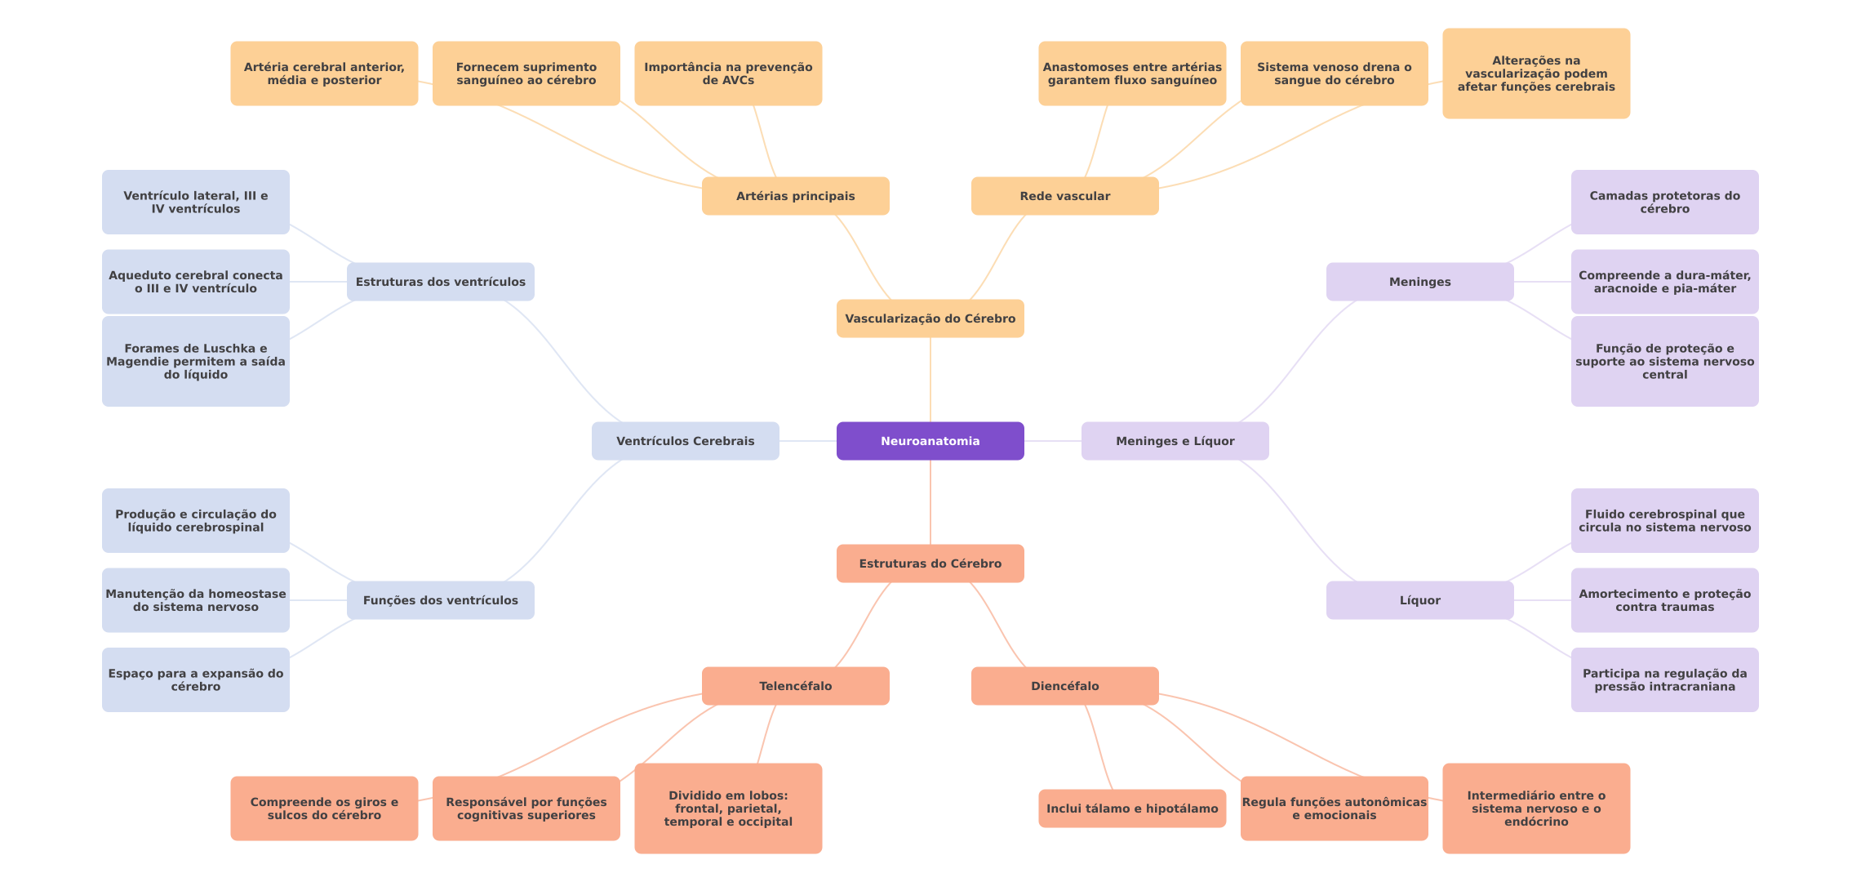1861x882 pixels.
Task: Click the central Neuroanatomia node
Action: pyautogui.click(x=930, y=441)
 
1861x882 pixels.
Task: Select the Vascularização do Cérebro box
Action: pyautogui.click(x=930, y=318)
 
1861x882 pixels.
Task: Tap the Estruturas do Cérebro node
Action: pyautogui.click(x=930, y=563)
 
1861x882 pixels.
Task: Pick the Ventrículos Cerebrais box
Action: pyautogui.click(x=685, y=441)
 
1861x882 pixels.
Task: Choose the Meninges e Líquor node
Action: pyautogui.click(x=1175, y=441)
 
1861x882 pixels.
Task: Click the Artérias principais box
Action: pyautogui.click(x=795, y=196)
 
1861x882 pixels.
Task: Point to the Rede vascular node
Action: pyautogui.click(x=1064, y=196)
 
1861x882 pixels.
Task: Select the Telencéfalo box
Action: pyautogui.click(x=795, y=686)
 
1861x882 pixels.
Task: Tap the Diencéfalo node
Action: pyautogui.click(x=1064, y=686)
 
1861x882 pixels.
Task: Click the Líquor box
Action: pyautogui.click(x=1419, y=600)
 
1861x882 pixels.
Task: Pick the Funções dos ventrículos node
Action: pyautogui.click(x=440, y=600)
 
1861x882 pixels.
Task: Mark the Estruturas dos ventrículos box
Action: pyautogui.click(x=440, y=282)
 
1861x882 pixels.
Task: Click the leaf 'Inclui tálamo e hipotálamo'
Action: pyautogui.click(x=1132, y=808)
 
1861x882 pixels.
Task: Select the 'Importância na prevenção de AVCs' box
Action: pyautogui.click(x=728, y=73)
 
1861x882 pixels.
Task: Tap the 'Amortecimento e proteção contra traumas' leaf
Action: pyautogui.click(x=1664, y=600)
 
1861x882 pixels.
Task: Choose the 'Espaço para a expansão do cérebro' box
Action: pyautogui.click(x=195, y=679)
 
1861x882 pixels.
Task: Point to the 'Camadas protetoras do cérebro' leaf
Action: pyautogui.click(x=1664, y=202)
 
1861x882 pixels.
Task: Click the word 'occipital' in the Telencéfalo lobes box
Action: pyautogui.click(x=765, y=822)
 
